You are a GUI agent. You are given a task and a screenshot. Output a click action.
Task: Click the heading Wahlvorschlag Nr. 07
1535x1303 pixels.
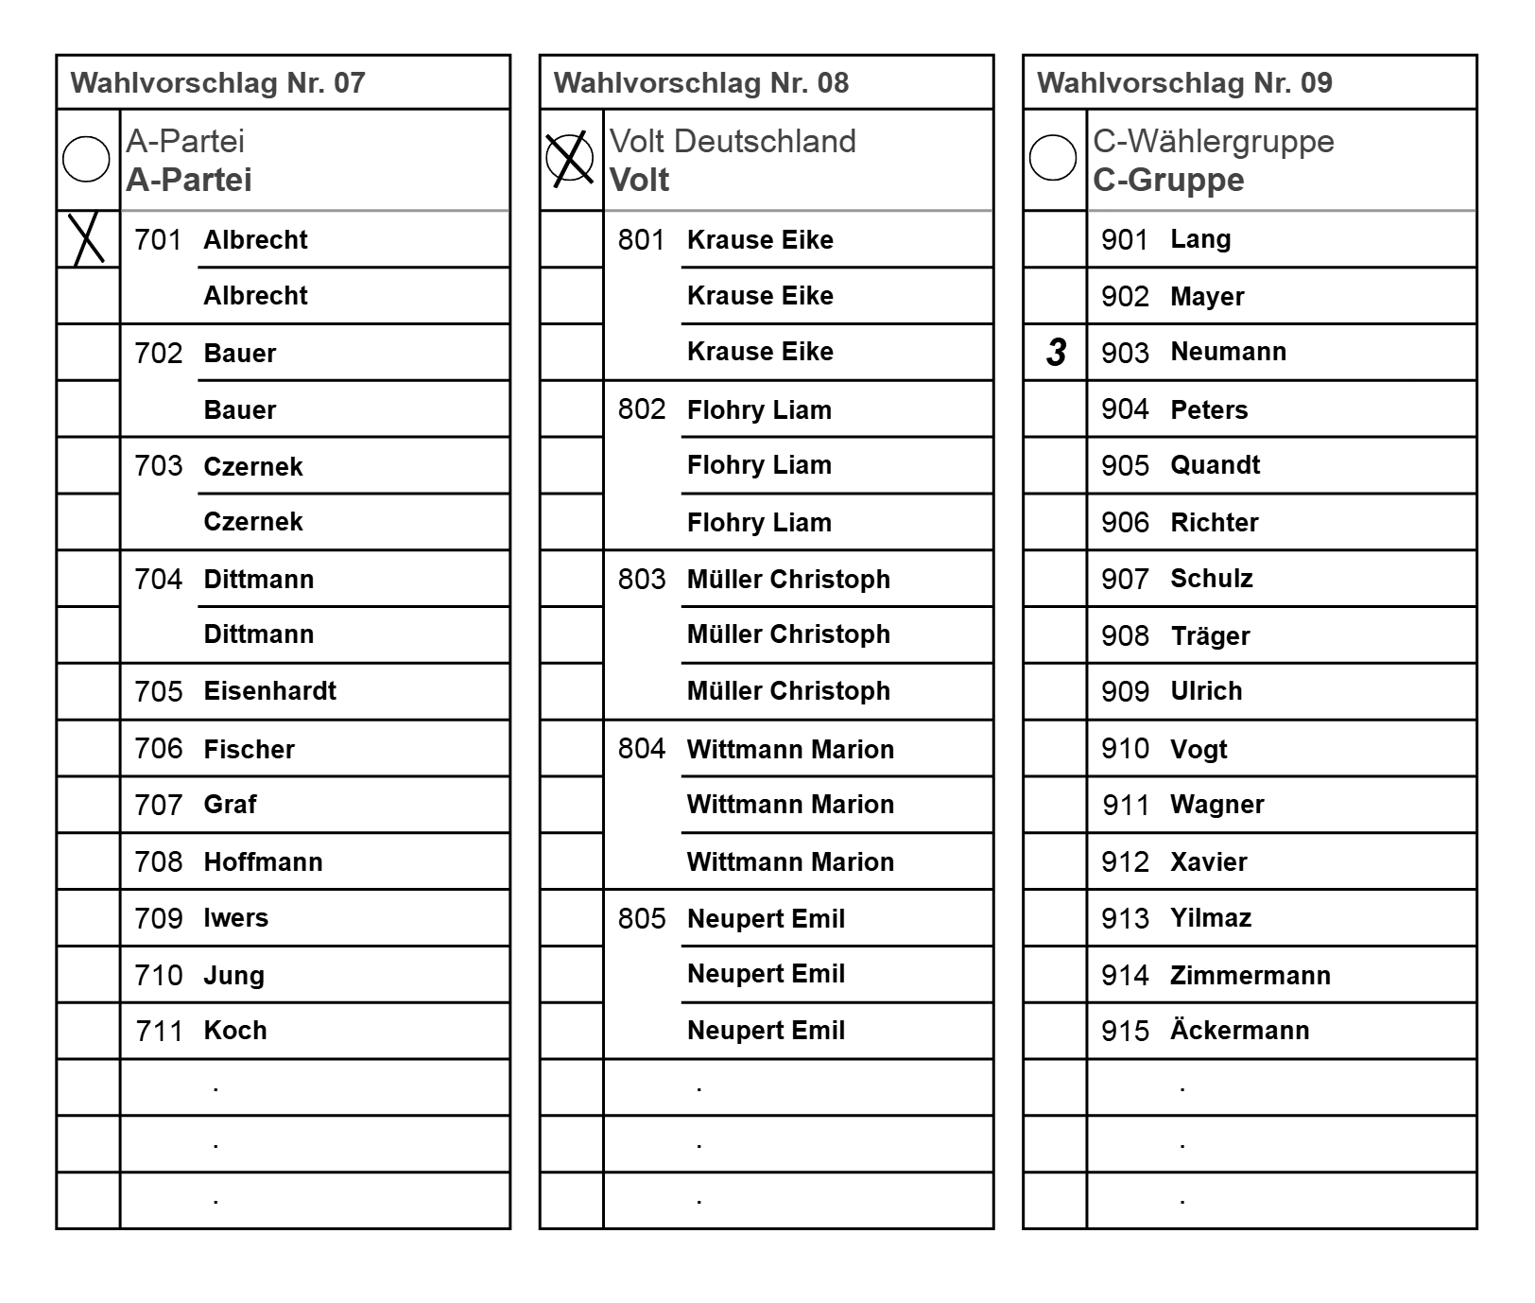coord(217,83)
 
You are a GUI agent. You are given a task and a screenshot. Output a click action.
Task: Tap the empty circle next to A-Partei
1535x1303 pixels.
coord(86,159)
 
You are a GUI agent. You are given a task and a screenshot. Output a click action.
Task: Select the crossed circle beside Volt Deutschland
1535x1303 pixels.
coord(570,158)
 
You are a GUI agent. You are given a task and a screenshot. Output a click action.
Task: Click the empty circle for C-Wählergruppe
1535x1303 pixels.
coord(1053,158)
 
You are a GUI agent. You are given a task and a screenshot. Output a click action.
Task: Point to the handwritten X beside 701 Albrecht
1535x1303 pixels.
coord(87,239)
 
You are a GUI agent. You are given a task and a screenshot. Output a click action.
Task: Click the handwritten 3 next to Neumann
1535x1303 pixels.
coord(1056,353)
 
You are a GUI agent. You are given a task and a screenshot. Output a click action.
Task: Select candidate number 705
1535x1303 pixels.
coord(158,692)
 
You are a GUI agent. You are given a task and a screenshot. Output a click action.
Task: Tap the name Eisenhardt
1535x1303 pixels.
coord(269,691)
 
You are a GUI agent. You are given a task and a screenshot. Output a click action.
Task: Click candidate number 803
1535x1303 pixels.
coord(642,580)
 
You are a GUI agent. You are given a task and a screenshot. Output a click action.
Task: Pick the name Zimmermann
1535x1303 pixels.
coord(1250,975)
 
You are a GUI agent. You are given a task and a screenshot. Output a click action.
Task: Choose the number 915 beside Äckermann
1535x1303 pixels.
coord(1125,1031)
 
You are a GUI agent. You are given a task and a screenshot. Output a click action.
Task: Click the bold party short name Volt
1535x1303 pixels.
coord(639,180)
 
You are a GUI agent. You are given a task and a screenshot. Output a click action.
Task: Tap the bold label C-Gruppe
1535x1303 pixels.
coord(1168,180)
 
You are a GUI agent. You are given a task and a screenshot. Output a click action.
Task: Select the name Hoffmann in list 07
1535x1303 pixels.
coord(263,861)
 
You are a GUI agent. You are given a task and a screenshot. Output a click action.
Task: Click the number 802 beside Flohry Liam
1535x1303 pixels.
coord(642,409)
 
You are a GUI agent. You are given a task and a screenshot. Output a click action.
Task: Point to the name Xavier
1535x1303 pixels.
coord(1208,861)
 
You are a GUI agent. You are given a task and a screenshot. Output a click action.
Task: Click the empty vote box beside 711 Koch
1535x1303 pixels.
coord(88,1031)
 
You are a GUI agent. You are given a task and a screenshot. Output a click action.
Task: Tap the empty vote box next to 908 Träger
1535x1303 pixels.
coord(1055,635)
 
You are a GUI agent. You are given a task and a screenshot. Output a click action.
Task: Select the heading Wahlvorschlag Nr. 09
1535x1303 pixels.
coord(1184,83)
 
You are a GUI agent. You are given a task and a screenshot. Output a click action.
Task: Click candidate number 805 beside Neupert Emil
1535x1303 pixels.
coord(642,918)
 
